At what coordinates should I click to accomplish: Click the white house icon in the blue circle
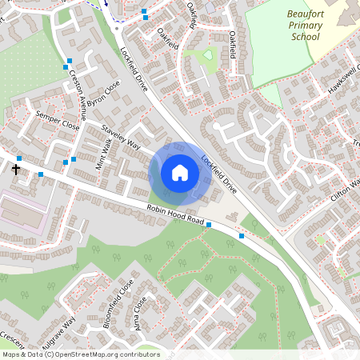point(180,173)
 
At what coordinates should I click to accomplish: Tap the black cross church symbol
point(16,170)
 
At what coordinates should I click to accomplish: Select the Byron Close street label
point(103,95)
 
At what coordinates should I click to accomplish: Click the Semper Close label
point(58,120)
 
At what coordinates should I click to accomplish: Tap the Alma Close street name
point(142,315)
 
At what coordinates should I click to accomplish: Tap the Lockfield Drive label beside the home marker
point(219,175)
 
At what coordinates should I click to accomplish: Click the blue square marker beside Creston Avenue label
point(69,61)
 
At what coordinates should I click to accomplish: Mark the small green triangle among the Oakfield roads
point(208,55)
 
